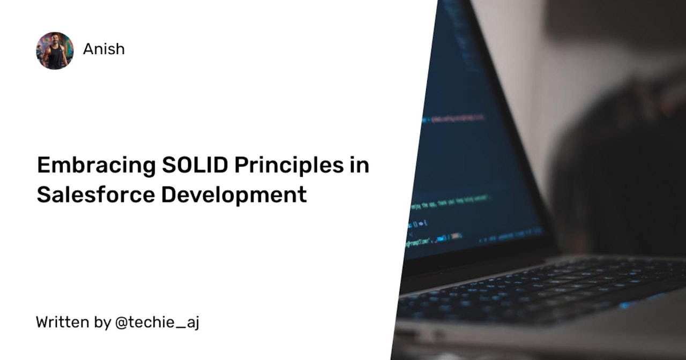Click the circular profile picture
click(55, 50)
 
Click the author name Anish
click(104, 49)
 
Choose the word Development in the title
click(234, 195)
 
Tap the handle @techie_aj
click(158, 322)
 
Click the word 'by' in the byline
click(102, 323)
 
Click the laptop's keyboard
click(541, 289)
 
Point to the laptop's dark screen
click(472, 161)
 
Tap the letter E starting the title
click(43, 166)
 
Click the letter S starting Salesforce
click(43, 194)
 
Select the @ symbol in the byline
click(121, 322)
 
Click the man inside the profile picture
click(55, 52)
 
